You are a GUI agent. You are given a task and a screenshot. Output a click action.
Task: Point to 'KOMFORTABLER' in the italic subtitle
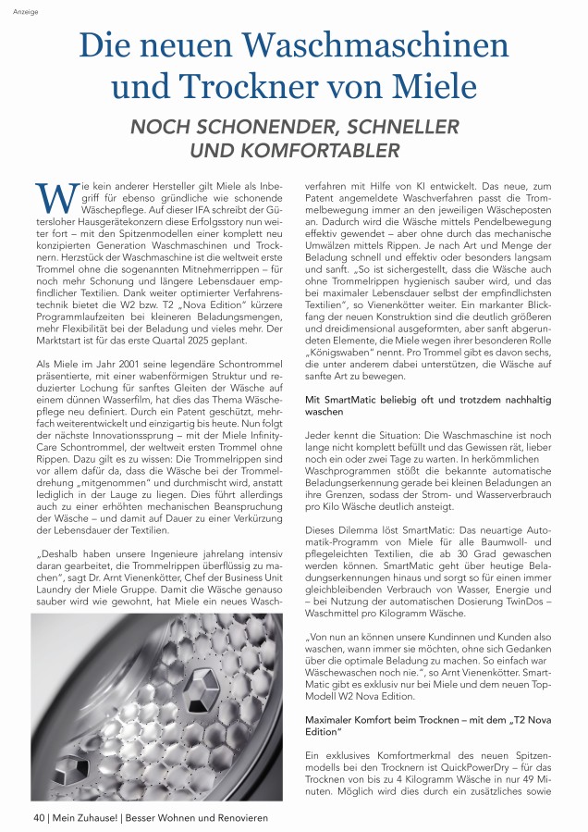pos(319,148)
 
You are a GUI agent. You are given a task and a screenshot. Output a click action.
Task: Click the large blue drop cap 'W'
pos(52,196)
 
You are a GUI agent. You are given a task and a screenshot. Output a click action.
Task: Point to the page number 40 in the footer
pos(40,817)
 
